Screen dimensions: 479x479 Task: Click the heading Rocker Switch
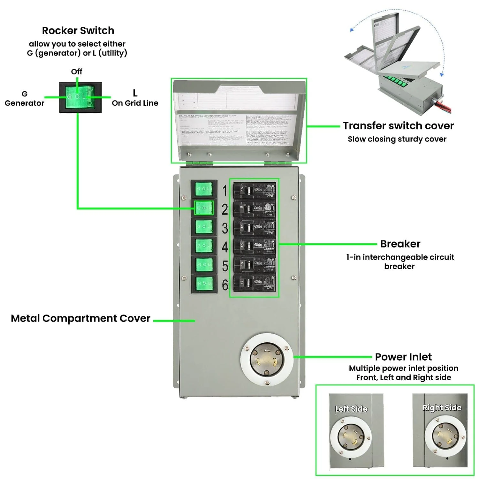[x=78, y=31]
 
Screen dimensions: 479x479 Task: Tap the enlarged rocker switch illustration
[x=80, y=97]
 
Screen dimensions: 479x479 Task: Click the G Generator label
[x=24, y=98]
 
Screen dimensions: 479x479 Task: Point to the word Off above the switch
[x=77, y=72]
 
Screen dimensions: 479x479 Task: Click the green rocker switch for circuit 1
[x=204, y=189]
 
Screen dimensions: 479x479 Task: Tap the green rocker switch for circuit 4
[x=204, y=246]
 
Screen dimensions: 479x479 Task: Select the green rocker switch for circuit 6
[x=204, y=283]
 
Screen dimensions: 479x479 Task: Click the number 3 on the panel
[x=225, y=228]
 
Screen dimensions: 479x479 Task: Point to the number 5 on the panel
[x=225, y=266]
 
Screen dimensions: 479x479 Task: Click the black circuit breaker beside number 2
[x=255, y=208]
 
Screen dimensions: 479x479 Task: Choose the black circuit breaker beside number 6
[x=255, y=283]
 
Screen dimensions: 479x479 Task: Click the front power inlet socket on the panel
[x=267, y=360]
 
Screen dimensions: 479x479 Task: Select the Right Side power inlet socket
[x=445, y=436]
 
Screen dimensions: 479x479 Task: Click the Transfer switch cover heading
[x=398, y=126]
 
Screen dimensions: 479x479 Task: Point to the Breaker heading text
[x=400, y=244]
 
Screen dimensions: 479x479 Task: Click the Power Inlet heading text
[x=403, y=357]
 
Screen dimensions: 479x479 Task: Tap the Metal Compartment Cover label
[x=80, y=318]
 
